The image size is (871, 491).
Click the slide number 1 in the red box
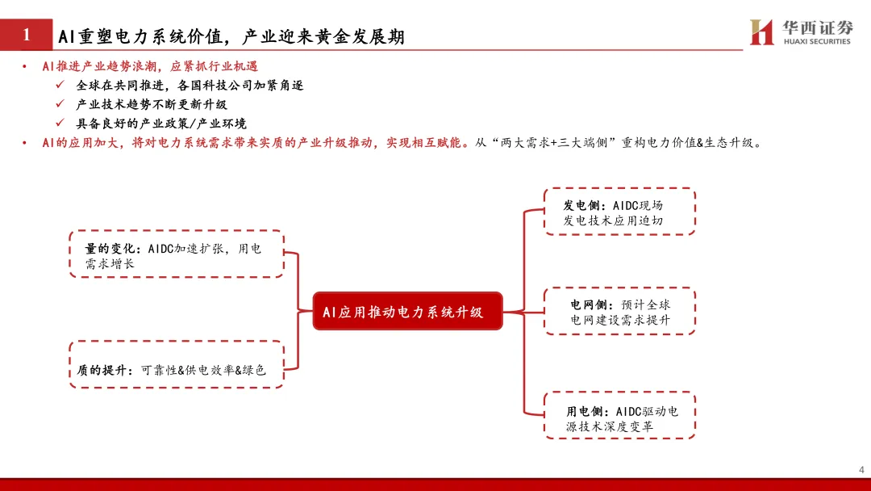coord(27,35)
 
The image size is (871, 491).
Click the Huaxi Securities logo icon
coord(761,32)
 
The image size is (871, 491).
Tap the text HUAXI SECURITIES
coord(817,41)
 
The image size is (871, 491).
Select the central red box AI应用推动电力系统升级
coord(407,311)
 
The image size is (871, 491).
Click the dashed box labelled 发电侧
coord(619,212)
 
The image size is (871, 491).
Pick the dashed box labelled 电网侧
coord(619,311)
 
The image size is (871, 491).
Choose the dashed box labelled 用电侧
coord(619,415)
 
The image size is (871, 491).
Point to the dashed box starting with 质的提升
coord(176,364)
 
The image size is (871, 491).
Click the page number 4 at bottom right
coord(861,469)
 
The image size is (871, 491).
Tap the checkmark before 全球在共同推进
coord(60,85)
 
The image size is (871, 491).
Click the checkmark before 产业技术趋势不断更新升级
coord(60,104)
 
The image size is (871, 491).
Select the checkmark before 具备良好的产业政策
coord(60,124)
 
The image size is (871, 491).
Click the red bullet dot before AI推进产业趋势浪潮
coord(24,66)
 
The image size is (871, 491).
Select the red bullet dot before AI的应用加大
coord(24,143)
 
